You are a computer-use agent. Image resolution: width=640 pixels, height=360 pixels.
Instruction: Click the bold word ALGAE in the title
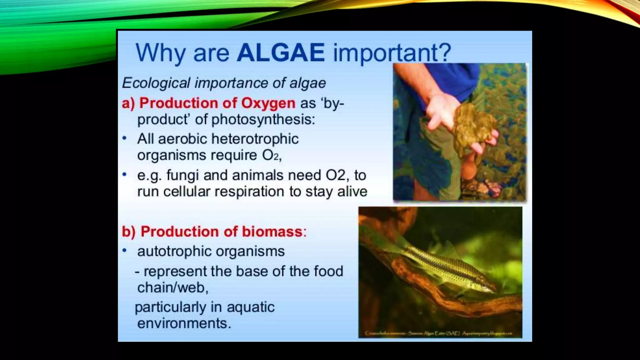[281, 52]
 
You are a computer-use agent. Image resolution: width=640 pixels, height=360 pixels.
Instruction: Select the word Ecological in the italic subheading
[156, 83]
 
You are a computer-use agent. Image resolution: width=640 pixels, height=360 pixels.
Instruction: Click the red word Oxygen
[268, 103]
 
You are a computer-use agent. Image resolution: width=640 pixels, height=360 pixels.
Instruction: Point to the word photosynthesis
[263, 119]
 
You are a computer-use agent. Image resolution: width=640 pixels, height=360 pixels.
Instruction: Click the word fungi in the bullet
[182, 175]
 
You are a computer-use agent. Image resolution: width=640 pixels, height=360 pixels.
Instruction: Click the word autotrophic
[174, 251]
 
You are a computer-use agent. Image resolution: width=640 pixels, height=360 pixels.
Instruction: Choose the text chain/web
[172, 287]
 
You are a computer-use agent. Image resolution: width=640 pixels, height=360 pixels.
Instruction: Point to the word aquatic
[250, 307]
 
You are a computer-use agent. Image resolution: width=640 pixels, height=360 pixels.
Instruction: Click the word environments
[184, 323]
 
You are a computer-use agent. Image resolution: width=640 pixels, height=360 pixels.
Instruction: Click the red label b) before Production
[128, 232]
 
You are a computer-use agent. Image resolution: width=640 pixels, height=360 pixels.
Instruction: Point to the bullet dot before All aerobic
[125, 138]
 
